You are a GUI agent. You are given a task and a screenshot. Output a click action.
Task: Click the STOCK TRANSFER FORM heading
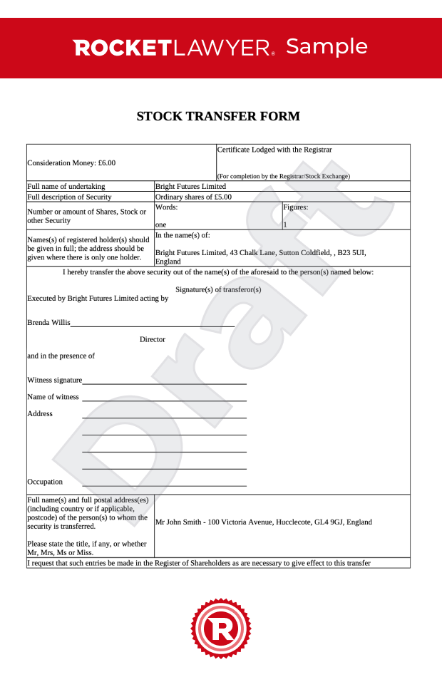[x=218, y=116]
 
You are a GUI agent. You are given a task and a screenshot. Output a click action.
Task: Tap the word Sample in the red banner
[x=327, y=47]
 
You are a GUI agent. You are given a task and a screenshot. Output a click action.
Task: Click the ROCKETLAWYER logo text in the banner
[x=173, y=48]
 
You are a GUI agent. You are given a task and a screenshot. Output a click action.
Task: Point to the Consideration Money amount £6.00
[x=107, y=163]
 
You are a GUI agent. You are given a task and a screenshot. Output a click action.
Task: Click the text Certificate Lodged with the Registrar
[x=274, y=150]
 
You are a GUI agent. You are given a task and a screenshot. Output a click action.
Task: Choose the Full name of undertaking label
[x=66, y=187]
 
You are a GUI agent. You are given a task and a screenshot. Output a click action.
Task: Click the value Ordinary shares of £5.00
[x=193, y=197]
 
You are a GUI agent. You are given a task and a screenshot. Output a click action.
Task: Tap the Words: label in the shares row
[x=166, y=207]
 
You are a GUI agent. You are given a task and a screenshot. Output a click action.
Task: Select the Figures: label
[x=295, y=207]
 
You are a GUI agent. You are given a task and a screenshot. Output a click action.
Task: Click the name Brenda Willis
[x=48, y=322]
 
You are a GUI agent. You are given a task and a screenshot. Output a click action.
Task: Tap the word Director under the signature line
[x=153, y=339]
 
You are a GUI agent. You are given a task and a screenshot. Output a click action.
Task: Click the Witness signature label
[x=55, y=380]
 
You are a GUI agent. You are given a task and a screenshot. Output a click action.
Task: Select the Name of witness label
[x=53, y=397]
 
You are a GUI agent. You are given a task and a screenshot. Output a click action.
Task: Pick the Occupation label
[x=45, y=482]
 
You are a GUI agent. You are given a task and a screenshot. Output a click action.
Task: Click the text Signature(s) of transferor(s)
[x=218, y=289]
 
